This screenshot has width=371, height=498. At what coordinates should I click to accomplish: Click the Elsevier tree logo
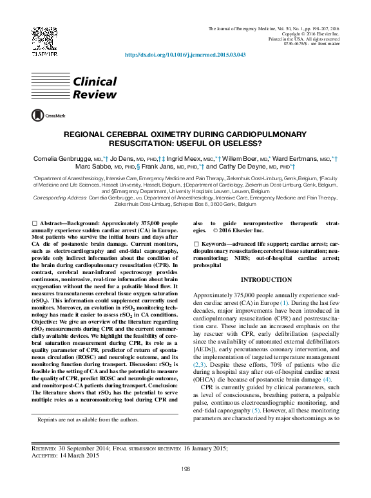[40, 42]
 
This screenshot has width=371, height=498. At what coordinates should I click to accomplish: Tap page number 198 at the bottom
[185, 470]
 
